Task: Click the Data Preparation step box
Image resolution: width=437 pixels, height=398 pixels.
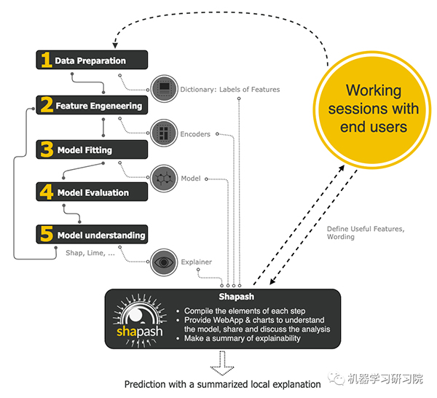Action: (x=92, y=61)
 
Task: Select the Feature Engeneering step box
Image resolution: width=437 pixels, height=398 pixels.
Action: (x=92, y=105)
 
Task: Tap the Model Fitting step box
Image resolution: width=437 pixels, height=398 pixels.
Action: (x=92, y=149)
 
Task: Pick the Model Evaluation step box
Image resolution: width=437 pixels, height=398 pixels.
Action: (x=92, y=192)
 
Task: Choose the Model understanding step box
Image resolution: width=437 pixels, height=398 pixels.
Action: (x=92, y=235)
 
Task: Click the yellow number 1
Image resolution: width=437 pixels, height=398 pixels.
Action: (x=46, y=61)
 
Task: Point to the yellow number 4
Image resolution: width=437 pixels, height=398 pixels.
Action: (x=46, y=192)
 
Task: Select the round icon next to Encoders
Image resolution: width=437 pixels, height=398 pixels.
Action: (x=165, y=134)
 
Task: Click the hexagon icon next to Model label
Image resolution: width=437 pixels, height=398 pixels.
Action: (x=165, y=178)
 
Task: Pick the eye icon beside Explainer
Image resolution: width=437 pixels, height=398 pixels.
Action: (x=165, y=260)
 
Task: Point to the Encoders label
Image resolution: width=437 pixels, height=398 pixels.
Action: (x=195, y=134)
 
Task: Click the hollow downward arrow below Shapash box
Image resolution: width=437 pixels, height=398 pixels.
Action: (x=221, y=362)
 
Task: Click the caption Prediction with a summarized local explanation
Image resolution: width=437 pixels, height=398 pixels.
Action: (x=222, y=384)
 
